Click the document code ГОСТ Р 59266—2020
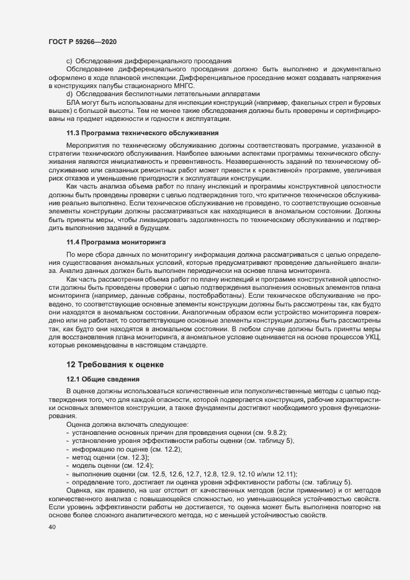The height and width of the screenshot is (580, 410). click(x=82, y=40)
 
